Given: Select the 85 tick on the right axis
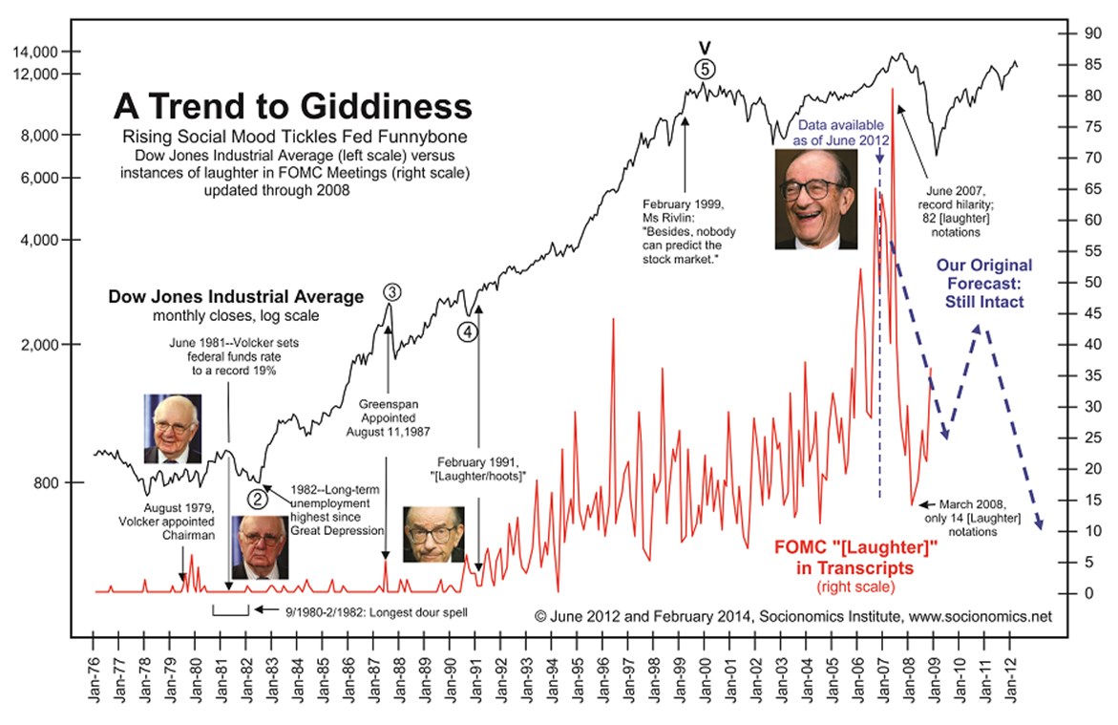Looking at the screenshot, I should (x=1081, y=65).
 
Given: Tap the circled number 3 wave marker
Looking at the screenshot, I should (x=391, y=292).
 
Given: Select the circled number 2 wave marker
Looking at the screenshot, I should (x=257, y=497).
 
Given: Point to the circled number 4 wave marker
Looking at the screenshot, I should (x=466, y=331).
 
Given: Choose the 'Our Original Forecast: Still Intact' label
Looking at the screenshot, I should (x=983, y=284).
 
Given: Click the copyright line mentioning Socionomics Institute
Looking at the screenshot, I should (x=793, y=616).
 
